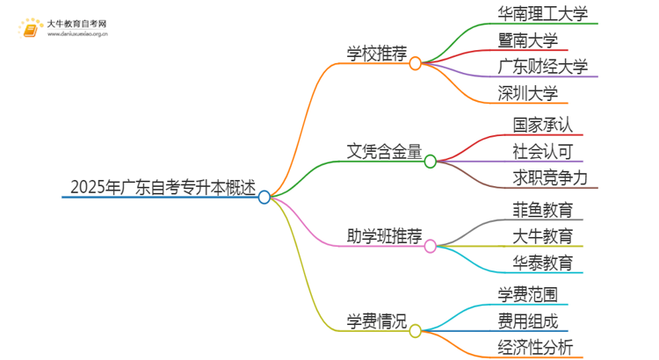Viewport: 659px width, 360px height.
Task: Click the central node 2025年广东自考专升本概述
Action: [x=163, y=187]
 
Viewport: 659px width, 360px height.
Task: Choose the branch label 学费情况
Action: [x=377, y=320]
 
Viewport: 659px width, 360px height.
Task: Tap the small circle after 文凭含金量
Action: [x=431, y=162]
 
